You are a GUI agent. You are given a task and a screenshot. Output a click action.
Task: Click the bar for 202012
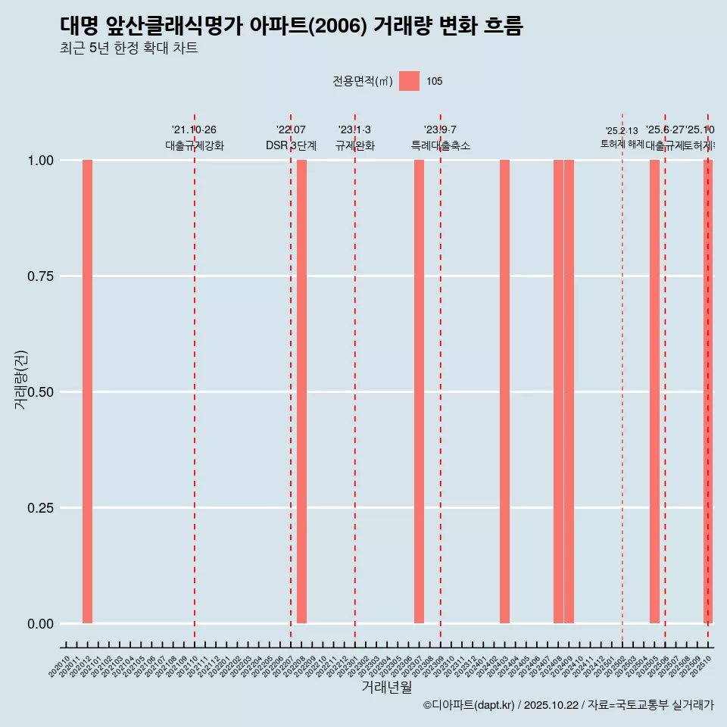point(87,392)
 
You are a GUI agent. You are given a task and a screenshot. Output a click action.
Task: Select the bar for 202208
point(301,392)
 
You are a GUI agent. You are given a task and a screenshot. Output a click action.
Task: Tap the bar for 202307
point(419,392)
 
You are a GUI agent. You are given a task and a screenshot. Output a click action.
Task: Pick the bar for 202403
point(504,392)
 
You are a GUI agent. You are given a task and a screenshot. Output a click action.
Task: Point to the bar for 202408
point(558,392)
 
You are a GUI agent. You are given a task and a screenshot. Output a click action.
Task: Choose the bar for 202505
point(654,392)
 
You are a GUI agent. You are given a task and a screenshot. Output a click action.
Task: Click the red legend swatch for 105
point(409,81)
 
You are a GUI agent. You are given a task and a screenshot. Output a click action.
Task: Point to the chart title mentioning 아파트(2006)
point(291,27)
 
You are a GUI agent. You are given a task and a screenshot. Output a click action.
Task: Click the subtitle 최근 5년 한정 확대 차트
point(129,49)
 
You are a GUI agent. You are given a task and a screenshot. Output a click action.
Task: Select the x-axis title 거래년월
point(387,687)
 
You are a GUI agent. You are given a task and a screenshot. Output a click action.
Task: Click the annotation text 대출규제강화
point(195,145)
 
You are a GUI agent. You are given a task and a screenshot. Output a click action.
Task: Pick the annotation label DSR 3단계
point(291,145)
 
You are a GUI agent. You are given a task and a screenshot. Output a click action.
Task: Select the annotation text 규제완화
point(355,145)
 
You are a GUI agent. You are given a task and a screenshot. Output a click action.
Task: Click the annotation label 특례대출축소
point(441,145)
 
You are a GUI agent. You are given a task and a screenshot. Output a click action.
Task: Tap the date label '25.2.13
point(622,131)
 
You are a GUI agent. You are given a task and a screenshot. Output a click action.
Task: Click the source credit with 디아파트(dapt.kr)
point(568,705)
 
